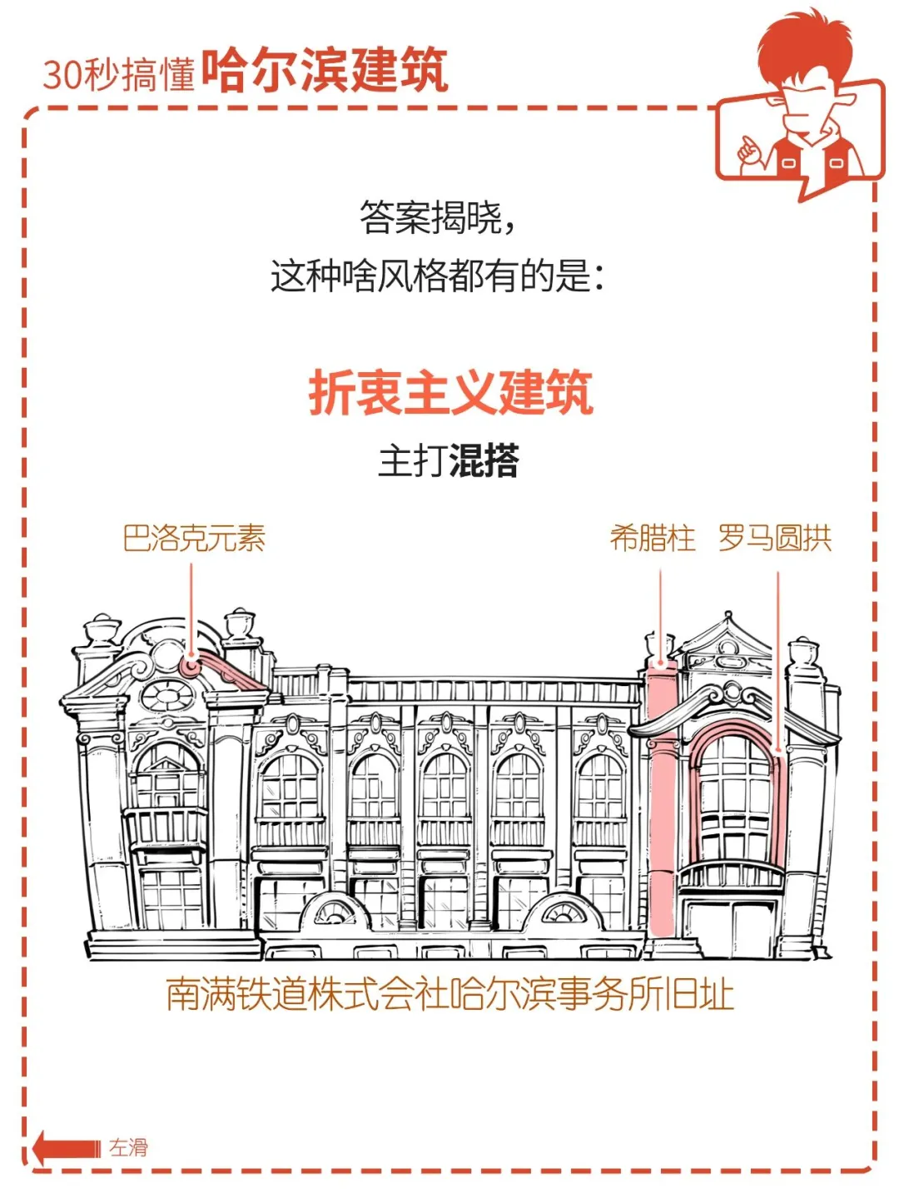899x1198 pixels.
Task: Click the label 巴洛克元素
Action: [193, 539]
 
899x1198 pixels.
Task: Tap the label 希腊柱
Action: [652, 539]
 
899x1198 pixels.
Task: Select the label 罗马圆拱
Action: [774, 539]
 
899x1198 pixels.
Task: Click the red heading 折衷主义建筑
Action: [450, 393]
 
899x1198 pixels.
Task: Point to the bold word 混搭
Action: [484, 460]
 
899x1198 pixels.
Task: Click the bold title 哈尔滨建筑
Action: [325, 70]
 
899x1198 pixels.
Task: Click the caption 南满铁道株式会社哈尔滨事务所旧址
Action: [449, 994]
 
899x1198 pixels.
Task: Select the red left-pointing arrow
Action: [65, 1149]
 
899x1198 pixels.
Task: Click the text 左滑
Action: [129, 1148]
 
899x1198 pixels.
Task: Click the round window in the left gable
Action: [166, 696]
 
